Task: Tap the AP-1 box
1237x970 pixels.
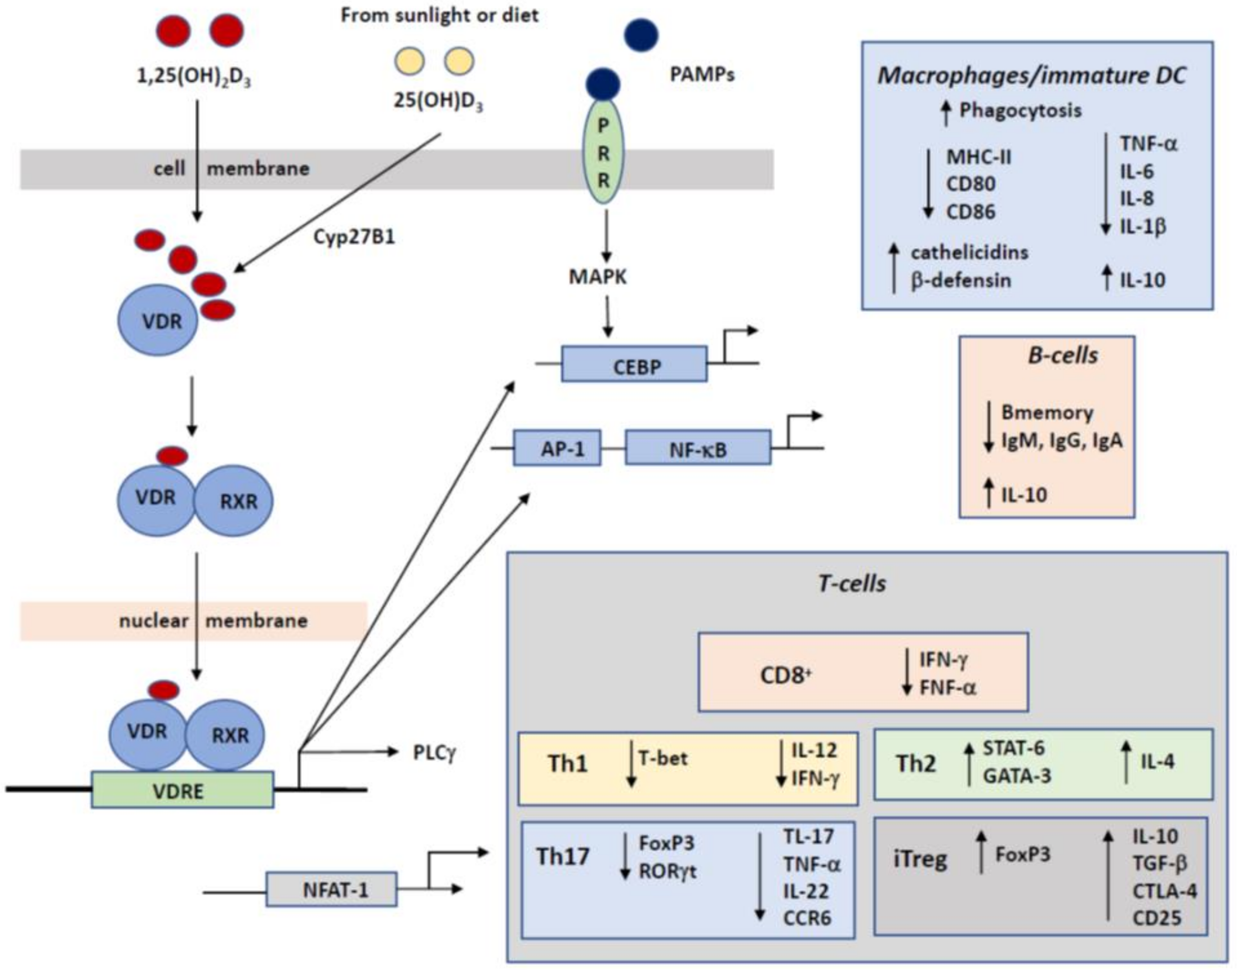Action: coord(557,448)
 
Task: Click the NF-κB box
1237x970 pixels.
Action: coord(698,448)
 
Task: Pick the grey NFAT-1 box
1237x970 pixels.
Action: coord(331,889)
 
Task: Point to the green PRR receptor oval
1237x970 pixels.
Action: coord(604,152)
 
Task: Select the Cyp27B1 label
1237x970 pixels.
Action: coord(354,237)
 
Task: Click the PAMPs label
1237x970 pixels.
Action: coord(702,74)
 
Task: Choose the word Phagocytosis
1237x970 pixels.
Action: coord(1020,110)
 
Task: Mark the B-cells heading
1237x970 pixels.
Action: coord(1062,355)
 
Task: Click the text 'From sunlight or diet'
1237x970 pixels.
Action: coord(439,15)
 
